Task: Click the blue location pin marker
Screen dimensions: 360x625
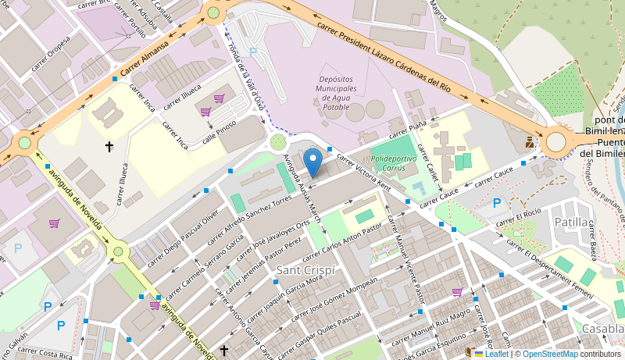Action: tap(312, 162)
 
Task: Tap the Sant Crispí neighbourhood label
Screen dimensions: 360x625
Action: tap(306, 270)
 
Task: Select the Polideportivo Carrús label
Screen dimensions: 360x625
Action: tap(393, 162)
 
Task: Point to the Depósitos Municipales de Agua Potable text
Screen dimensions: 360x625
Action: tap(336, 93)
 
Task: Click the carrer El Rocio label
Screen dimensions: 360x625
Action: tap(517, 216)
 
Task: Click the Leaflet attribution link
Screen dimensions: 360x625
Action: tap(496, 354)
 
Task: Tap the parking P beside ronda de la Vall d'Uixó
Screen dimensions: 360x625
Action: tap(252, 52)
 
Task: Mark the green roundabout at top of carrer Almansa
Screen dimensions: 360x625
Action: tap(213, 12)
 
